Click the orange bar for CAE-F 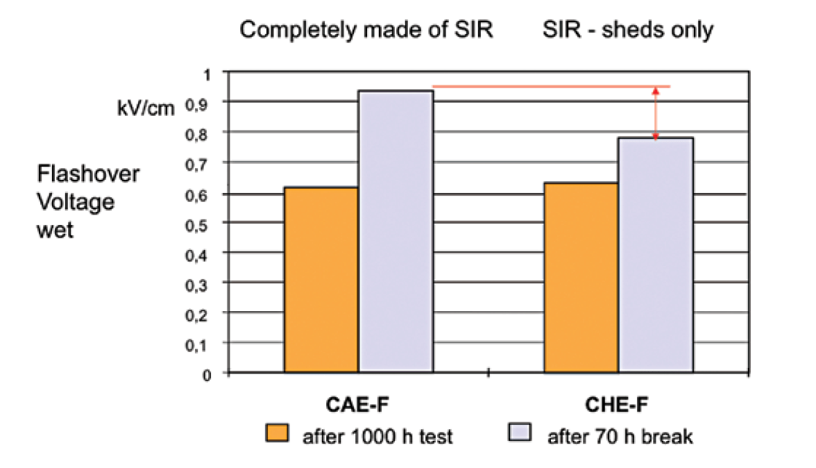[321, 281]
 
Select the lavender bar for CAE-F [396, 233]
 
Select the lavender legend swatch [520, 434]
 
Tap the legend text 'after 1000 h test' [378, 437]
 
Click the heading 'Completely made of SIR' [366, 31]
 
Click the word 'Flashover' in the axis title [88, 173]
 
